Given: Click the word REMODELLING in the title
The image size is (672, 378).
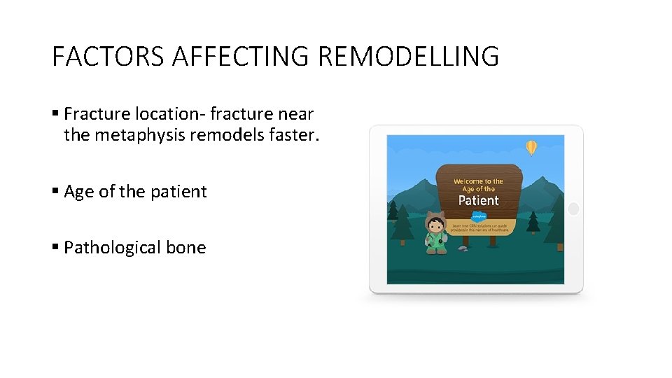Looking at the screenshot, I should click(408, 56).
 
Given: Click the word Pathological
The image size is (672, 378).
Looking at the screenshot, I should click(113, 248).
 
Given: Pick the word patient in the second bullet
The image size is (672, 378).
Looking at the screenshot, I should click(180, 192).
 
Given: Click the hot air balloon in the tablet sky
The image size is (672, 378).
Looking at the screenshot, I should click(531, 147).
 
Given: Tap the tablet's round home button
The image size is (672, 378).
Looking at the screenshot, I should click(573, 209).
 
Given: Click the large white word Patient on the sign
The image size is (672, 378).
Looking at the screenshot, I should click(478, 201).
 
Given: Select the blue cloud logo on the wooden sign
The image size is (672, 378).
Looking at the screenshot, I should click(477, 216).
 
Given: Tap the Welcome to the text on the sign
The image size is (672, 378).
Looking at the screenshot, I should click(478, 181).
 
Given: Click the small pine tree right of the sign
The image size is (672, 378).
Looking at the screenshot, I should click(533, 223).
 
